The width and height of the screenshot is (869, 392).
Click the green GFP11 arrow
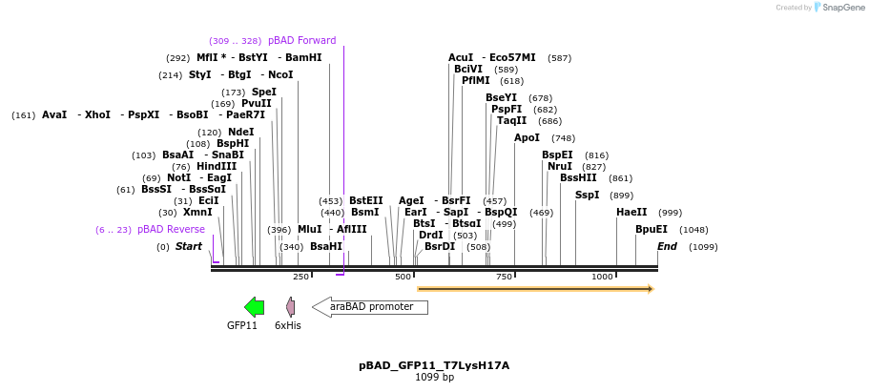(x=254, y=306)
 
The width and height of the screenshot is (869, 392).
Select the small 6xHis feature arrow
(x=290, y=306)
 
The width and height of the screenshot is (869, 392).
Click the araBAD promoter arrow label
(x=371, y=307)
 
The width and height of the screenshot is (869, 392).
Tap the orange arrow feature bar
(x=535, y=288)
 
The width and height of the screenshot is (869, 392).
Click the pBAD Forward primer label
(x=301, y=40)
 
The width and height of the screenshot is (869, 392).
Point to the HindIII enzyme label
(x=217, y=166)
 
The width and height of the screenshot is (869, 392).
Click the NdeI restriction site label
(x=241, y=132)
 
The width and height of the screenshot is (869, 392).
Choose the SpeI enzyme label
(x=263, y=92)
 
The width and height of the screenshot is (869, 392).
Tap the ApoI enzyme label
(x=527, y=137)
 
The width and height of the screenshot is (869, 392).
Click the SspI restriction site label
(x=587, y=195)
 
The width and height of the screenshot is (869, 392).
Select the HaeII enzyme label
(x=631, y=212)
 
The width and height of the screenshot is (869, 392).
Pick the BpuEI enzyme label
(x=652, y=229)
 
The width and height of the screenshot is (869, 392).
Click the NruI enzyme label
(x=559, y=166)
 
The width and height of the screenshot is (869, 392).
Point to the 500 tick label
(x=403, y=277)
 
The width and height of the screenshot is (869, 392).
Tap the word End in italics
(x=667, y=246)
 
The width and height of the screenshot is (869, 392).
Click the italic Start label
(x=188, y=246)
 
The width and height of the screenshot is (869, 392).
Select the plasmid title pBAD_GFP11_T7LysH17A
(x=434, y=365)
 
